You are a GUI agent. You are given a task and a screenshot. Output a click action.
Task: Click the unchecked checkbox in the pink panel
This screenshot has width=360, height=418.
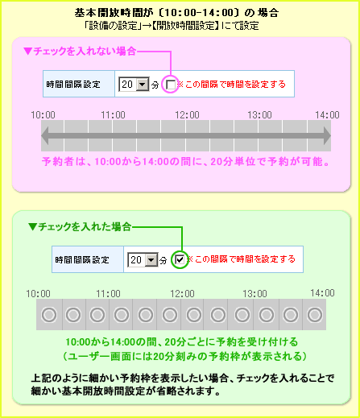pos(171,85)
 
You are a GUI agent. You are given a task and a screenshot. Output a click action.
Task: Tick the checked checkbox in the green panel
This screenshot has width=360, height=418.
pos(180,259)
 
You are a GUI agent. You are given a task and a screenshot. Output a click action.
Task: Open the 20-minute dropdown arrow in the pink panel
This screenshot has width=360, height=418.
pos(143,85)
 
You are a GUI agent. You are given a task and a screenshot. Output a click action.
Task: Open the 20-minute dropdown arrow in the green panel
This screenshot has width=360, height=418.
pos(151,260)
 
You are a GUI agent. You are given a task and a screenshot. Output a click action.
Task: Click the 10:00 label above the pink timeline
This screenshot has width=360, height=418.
pos(43,115)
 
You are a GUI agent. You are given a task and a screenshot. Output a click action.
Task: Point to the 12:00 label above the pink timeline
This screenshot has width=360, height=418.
pos(187,115)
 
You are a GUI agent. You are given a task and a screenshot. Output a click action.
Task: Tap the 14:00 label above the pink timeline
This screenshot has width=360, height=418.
pos(327,115)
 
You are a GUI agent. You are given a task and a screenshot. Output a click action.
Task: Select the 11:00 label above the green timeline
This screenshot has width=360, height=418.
pos(108,294)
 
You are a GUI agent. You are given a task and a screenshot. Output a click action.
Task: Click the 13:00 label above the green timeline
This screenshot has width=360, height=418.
pos(254,294)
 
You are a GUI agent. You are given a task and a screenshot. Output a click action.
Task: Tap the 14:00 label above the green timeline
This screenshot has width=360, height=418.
pos(322,293)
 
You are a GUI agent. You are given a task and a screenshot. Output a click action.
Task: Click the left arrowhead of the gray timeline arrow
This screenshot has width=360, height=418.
pos(45,135)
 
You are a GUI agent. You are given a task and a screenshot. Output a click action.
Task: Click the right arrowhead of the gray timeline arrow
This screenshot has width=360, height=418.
pos(327,135)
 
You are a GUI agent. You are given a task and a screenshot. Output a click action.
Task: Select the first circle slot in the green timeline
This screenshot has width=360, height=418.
pos(49,314)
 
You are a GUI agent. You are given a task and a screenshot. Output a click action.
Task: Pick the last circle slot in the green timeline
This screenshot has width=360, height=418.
pos(315,314)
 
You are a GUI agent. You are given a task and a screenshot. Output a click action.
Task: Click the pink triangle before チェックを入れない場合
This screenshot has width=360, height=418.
pos(27,51)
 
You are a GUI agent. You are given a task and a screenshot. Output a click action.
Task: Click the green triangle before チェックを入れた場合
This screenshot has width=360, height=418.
pos(32,227)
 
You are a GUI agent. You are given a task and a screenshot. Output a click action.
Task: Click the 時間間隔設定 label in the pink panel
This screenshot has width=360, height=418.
pos(73,85)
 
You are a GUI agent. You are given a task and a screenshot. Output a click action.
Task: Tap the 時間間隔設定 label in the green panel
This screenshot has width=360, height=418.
pos(82,259)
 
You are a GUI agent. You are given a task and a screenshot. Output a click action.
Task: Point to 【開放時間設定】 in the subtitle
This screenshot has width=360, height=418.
pos(185,26)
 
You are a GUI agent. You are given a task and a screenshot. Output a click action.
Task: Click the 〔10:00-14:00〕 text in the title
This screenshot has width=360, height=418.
pos(199,13)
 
